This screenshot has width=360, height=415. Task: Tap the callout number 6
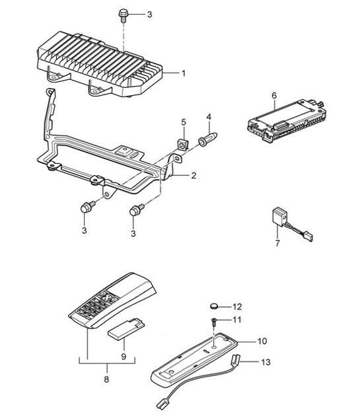click(273, 95)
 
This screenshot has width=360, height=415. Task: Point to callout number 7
click(278, 244)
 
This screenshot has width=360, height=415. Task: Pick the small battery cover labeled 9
click(125, 329)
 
